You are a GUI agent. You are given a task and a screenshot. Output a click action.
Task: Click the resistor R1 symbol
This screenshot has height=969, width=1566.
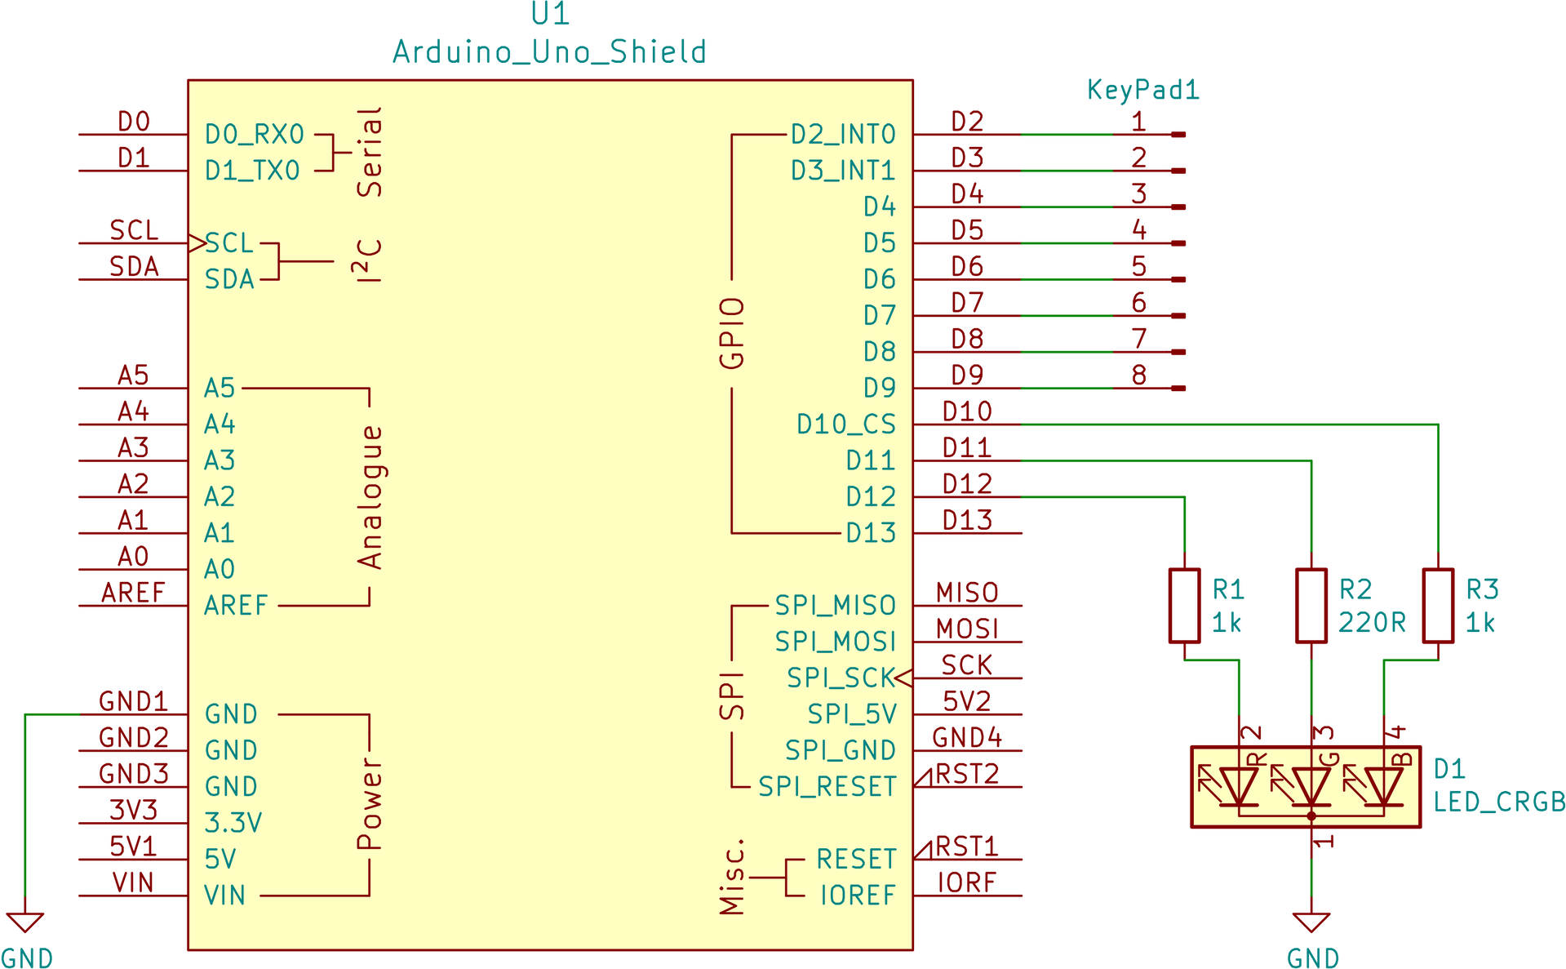click(x=1184, y=605)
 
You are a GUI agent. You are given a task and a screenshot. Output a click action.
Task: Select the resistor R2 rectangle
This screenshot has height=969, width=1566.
click(x=1311, y=605)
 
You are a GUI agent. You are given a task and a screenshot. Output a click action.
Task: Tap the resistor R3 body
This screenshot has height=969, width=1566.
click(x=1438, y=605)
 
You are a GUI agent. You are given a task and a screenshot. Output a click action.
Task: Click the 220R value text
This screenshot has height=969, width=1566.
click(x=1372, y=624)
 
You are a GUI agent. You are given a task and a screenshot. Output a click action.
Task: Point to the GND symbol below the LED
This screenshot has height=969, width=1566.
click(x=1311, y=923)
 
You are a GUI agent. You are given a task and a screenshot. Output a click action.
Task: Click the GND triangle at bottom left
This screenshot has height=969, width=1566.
click(x=24, y=923)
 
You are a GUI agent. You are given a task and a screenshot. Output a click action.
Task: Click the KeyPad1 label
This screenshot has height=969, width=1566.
click(x=1142, y=90)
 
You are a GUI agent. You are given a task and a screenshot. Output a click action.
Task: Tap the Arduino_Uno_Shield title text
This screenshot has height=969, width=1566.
click(x=548, y=52)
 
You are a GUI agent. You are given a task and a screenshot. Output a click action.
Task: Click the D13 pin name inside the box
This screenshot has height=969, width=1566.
click(x=871, y=533)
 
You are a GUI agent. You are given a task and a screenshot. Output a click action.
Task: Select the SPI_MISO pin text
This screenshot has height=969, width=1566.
click(x=835, y=606)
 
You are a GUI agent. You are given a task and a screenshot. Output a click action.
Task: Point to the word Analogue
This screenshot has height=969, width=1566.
click(x=370, y=497)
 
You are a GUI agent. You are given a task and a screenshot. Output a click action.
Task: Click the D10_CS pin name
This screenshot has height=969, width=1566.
click(x=845, y=424)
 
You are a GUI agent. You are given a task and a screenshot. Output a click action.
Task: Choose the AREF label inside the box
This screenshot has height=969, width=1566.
click(x=236, y=606)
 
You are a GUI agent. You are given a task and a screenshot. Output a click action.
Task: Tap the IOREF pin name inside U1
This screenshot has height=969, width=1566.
click(x=858, y=896)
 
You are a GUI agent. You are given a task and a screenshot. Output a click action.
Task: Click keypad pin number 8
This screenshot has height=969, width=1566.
click(x=1139, y=375)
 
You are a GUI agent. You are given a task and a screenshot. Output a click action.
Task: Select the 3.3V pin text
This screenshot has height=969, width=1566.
click(x=233, y=823)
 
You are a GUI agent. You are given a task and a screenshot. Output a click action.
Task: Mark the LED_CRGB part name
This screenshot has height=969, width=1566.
click(x=1498, y=802)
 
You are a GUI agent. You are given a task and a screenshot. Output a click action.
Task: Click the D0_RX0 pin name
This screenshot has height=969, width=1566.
click(x=255, y=135)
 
